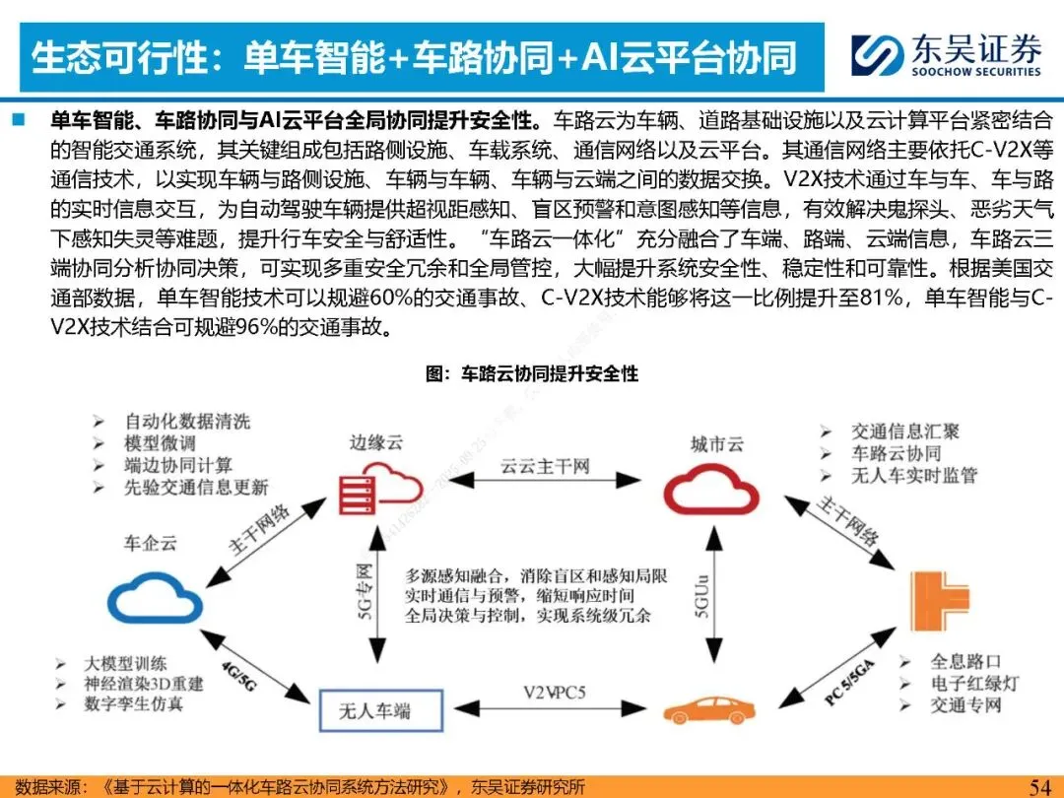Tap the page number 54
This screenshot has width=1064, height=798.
click(x=1040, y=786)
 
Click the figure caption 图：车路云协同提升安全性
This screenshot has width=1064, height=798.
click(x=531, y=373)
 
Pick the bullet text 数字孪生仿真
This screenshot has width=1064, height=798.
click(x=133, y=704)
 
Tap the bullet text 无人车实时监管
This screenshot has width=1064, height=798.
click(x=913, y=475)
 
